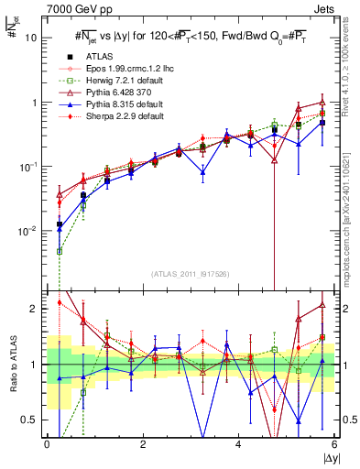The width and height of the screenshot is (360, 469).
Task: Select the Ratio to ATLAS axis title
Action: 12,365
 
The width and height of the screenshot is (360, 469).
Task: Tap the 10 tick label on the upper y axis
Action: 31,38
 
